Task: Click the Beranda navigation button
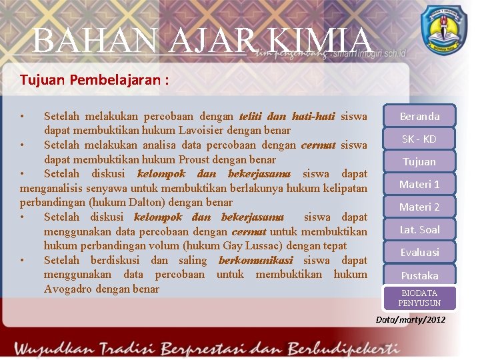tap(419, 117)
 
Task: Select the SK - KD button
tap(419, 139)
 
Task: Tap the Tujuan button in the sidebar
tap(419, 162)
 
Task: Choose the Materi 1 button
tap(419, 185)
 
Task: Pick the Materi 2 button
tap(419, 207)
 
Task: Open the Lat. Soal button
tap(419, 230)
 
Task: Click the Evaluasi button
tap(419, 253)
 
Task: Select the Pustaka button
tap(419, 275)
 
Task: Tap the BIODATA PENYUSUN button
tap(419, 298)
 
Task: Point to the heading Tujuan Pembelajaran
tap(94, 81)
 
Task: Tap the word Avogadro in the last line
tap(68, 289)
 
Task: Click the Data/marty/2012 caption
tap(411, 320)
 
